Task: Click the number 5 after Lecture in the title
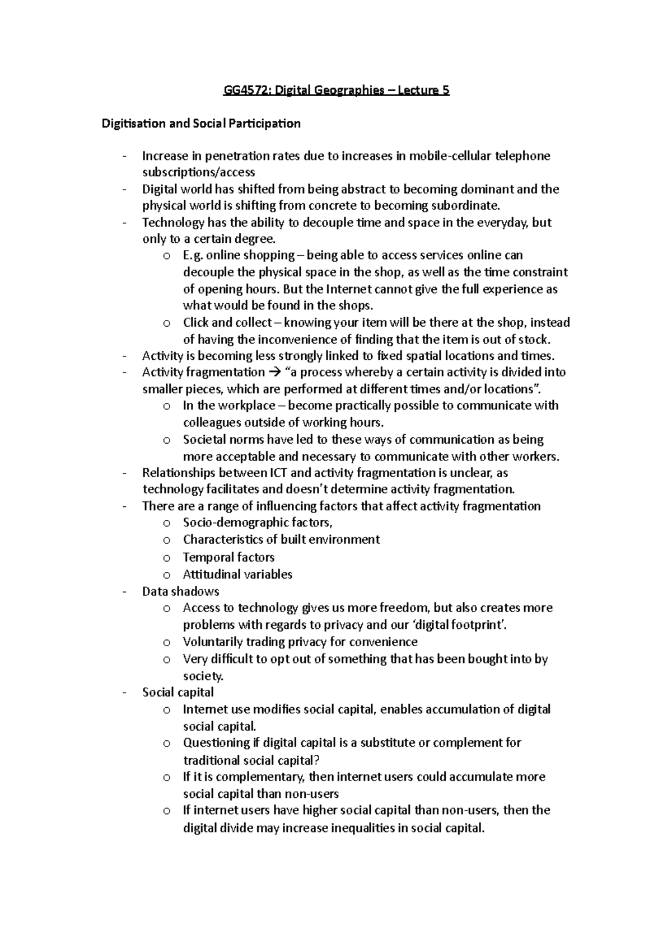point(446,91)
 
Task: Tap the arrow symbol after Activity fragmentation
point(274,373)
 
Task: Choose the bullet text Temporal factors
point(228,557)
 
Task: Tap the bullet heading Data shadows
point(180,592)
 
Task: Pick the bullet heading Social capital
point(178,693)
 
